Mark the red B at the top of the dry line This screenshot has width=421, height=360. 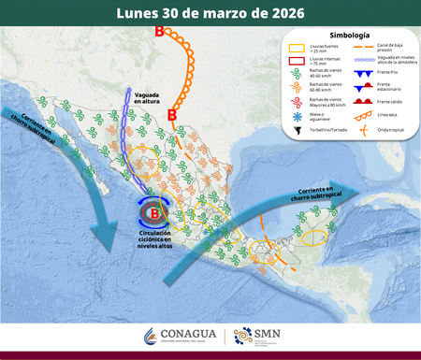pyautogui.click(x=159, y=33)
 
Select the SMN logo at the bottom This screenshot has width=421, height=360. pyautogui.click(x=256, y=336)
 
